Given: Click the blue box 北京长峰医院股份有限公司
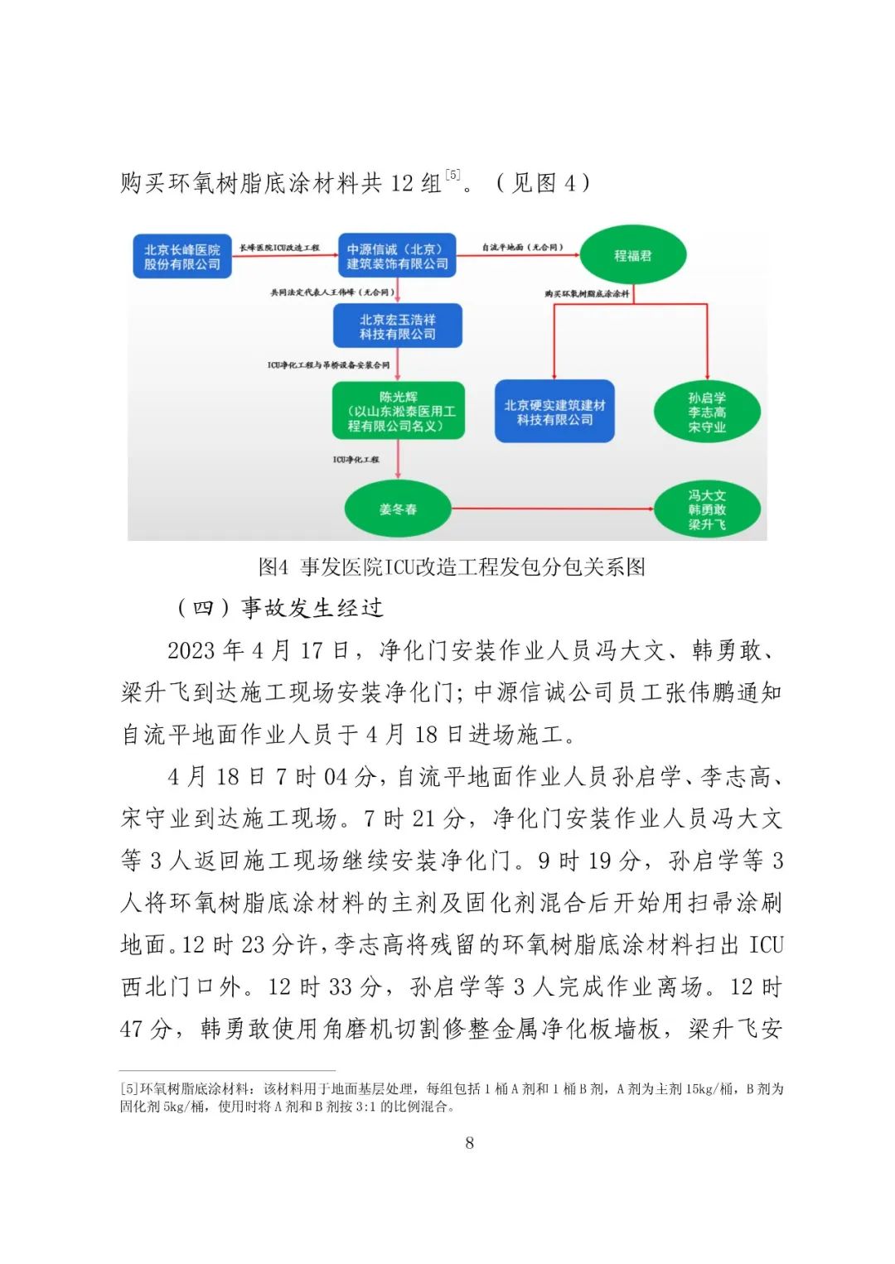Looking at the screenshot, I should (x=182, y=257).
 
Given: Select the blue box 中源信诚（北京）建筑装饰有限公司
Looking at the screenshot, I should (x=397, y=257).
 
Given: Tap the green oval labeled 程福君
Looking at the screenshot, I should (x=633, y=256).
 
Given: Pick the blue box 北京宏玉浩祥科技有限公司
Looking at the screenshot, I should (x=398, y=326).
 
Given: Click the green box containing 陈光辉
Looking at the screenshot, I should (x=398, y=411).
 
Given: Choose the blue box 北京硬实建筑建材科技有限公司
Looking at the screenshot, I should (x=554, y=412).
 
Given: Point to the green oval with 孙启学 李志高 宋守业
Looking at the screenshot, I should (x=707, y=412).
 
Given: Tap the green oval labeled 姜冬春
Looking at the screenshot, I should (x=398, y=509).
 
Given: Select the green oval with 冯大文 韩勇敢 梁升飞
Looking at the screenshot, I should (x=707, y=509).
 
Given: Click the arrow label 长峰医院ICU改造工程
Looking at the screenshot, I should (x=279, y=248).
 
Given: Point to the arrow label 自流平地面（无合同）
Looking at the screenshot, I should (x=522, y=247).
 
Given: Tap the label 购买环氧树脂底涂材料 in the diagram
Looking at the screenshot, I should (x=587, y=294).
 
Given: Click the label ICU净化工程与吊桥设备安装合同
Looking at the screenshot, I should (x=328, y=365).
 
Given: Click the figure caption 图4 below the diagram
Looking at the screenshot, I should (x=452, y=567).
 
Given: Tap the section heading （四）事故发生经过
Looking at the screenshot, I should (x=279, y=608).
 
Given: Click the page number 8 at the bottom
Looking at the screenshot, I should (x=470, y=1143).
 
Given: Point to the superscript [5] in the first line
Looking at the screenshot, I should (x=452, y=175).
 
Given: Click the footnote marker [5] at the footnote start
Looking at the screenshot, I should (x=129, y=1089).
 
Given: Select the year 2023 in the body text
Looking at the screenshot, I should (x=191, y=650).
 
